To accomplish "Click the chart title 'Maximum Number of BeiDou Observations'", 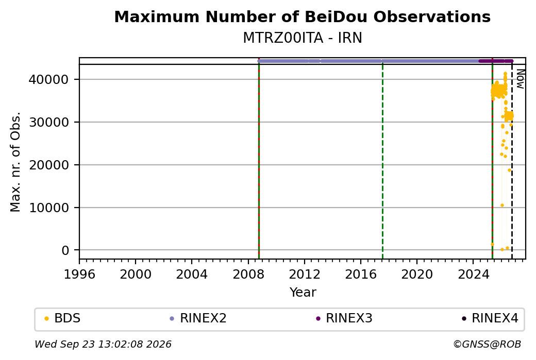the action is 302,16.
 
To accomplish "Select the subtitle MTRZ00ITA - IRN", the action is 302,38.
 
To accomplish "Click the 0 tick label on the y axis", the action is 65,250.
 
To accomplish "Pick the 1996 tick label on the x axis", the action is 79,274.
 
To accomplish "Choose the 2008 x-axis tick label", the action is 248,274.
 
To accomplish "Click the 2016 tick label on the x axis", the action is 361,274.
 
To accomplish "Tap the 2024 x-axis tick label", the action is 473,274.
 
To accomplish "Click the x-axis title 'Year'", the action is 303,293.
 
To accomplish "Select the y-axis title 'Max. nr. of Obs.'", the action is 15,162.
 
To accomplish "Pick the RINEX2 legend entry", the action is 198,318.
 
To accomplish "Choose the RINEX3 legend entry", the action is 344,318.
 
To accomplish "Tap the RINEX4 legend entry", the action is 490,318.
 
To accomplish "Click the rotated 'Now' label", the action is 520,79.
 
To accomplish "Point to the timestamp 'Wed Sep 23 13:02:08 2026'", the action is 103,344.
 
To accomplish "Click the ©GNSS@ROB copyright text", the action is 487,344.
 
